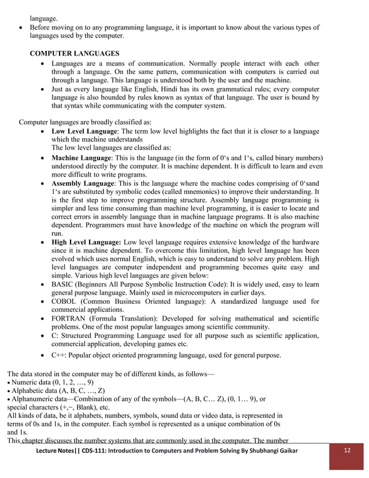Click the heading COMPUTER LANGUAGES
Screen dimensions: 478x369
pos(75,53)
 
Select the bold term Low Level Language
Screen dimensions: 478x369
pos(84,132)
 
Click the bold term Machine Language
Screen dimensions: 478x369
pos(81,158)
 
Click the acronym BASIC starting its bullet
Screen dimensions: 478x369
pos(63,284)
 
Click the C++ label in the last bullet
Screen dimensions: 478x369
pos(58,355)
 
